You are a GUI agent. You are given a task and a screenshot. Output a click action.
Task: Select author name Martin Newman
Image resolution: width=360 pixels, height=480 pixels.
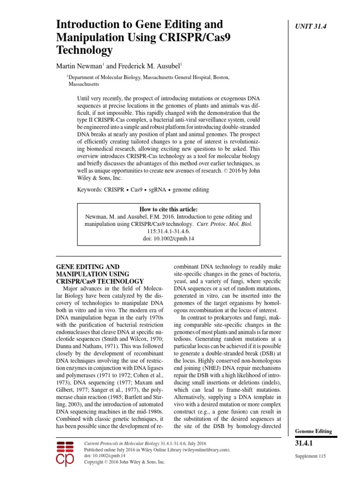pos(77,67)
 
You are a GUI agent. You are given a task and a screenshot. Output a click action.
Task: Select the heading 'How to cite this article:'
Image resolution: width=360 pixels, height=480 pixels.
pos(169,209)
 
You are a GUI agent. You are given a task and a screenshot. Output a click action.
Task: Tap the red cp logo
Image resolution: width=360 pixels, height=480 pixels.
pos(65,453)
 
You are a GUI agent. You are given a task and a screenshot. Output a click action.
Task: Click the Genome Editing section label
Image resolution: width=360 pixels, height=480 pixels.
pos(313,431)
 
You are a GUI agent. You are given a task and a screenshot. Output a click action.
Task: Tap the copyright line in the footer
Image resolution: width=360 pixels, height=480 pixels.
pos(124,462)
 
